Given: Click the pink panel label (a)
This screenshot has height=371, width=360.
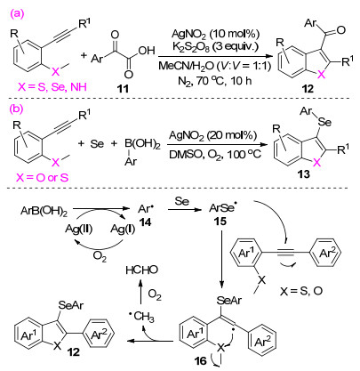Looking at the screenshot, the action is pos(18,14).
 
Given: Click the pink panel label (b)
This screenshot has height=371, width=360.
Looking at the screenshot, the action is pos(17,109).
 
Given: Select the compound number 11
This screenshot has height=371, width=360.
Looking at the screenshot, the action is pos(124,88).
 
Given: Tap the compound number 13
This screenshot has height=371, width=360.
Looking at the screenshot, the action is pos(304,174).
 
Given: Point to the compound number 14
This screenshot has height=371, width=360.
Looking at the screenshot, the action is pos(145,222).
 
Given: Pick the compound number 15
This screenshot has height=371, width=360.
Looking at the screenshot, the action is pos(220,222).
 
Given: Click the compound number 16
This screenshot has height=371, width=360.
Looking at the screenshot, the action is pos(200,360).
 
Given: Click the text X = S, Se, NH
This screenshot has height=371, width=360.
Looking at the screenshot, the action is pos(52,87).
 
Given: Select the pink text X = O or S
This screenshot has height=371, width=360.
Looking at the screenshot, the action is pos(43,178).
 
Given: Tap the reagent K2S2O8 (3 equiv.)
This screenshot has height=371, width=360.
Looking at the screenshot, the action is pos(215,47).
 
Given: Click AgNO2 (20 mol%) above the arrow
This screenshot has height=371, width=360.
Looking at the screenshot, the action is pos(212,136).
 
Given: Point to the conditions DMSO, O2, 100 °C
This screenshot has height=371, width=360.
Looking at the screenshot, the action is pos(215,155).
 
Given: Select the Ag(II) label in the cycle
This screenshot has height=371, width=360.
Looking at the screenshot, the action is pos(79,230).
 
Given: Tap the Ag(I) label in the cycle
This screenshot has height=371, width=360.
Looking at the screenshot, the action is pos(123,230).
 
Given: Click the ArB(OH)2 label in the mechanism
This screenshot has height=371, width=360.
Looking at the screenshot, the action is pos(44,212).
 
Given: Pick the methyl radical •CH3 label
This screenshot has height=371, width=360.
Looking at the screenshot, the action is pos(141,317).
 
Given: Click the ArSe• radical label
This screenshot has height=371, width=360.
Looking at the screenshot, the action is pos(221,208).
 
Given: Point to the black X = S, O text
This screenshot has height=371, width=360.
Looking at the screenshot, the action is pos(301,291).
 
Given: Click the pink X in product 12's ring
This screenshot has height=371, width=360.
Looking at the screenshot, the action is pos(321,75).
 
